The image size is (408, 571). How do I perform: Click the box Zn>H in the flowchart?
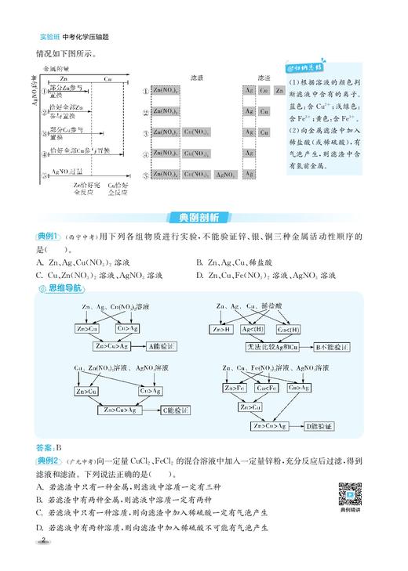click(223, 329)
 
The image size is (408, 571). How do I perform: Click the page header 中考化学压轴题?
click(80, 36)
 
